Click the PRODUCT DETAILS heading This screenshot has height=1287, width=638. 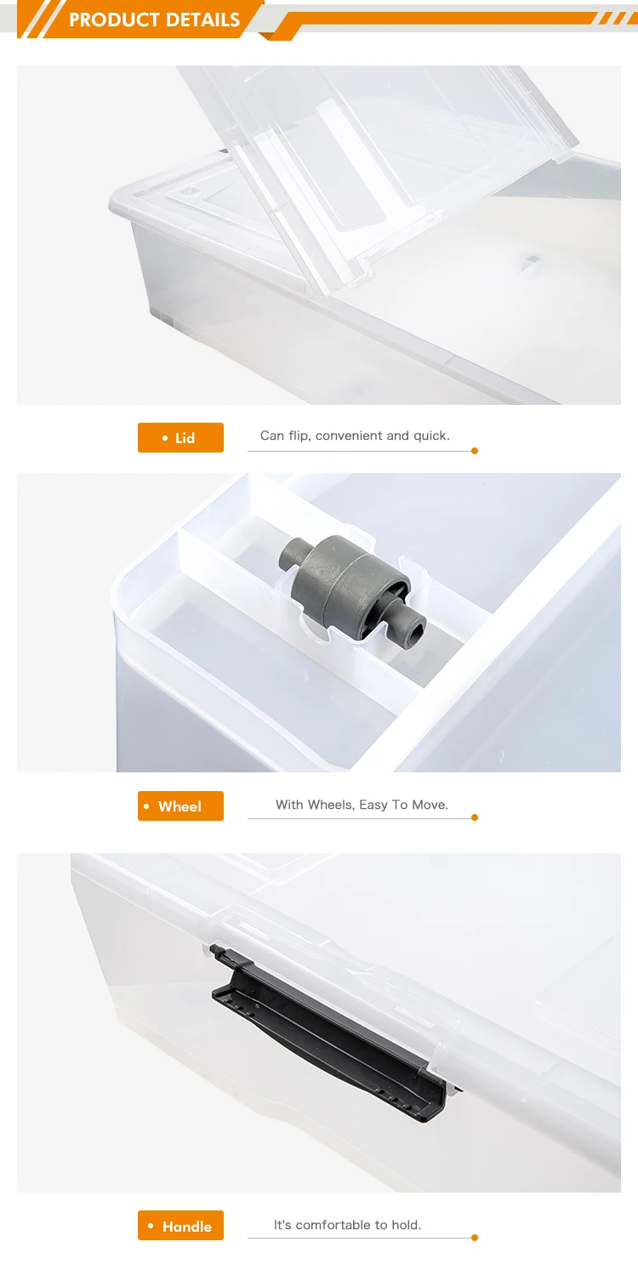154,20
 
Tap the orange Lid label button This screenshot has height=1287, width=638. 180,437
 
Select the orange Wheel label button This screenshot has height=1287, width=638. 180,806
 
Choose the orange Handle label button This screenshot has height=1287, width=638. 180,1226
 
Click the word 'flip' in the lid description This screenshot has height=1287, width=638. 298,436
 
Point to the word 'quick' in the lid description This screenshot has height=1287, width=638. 430,436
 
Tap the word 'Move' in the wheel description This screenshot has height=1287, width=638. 430,805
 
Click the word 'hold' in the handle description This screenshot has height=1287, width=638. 405,1225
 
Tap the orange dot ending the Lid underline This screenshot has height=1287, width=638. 475,451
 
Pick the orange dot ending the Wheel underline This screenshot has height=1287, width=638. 475,817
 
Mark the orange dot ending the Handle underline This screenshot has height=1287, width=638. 475,1238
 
